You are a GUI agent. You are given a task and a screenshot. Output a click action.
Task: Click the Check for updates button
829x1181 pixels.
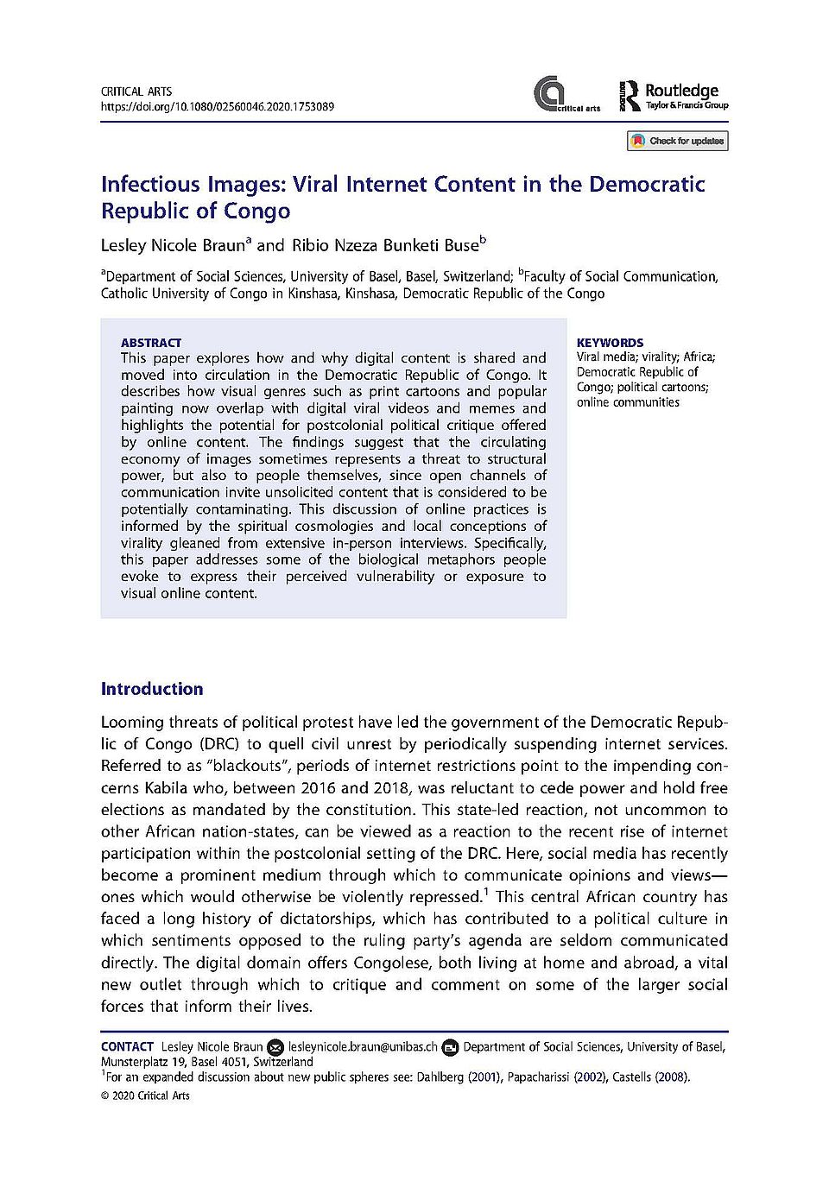point(678,141)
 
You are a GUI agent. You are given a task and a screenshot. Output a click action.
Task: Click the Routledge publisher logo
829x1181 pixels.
point(674,96)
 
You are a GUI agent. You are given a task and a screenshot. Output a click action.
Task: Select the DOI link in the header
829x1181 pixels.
point(217,107)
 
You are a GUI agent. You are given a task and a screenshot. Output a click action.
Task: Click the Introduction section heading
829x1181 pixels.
point(152,689)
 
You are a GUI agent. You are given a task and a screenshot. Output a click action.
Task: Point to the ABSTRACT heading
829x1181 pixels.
point(151,343)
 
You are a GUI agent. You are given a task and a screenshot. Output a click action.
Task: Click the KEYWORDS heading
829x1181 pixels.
point(610,343)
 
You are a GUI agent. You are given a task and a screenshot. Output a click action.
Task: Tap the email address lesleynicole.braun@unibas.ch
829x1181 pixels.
point(363,1047)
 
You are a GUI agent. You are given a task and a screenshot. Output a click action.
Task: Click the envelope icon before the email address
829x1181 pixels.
point(275,1047)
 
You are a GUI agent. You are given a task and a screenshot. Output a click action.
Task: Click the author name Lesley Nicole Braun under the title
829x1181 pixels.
point(174,245)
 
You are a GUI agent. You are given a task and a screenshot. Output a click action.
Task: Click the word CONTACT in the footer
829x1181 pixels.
point(127,1047)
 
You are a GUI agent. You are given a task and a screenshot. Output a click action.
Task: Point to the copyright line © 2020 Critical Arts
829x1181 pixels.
point(145,1096)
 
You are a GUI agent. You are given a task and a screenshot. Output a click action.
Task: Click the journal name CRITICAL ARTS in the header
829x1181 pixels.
point(136,92)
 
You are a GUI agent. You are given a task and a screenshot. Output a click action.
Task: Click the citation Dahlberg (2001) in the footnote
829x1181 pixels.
point(455,1077)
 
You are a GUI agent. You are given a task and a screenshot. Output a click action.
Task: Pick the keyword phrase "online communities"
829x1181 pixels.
point(628,402)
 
